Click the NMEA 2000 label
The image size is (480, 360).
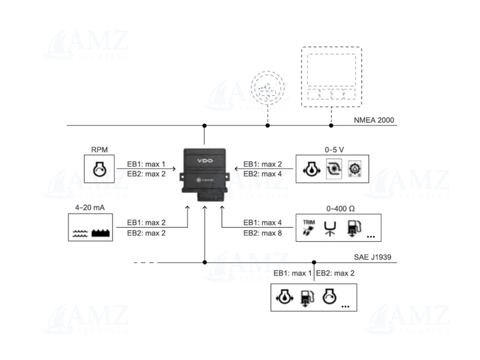click(x=376, y=120)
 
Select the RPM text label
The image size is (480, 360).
click(x=99, y=150)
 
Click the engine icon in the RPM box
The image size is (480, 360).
click(x=99, y=171)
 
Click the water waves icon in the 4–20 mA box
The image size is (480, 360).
click(x=80, y=233)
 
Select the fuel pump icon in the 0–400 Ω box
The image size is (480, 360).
click(x=353, y=228)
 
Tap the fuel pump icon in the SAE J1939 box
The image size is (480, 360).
click(x=306, y=299)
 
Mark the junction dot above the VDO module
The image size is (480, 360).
click(x=204, y=125)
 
